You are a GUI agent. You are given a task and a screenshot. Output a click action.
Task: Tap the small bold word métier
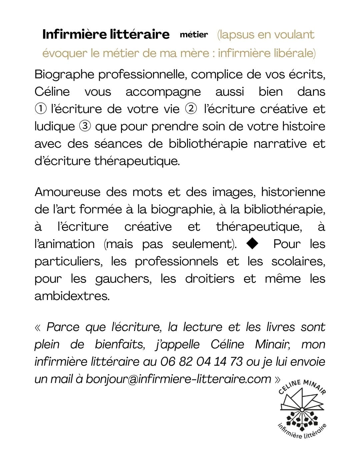click(x=194, y=35)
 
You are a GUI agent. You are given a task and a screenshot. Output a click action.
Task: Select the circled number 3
click(x=84, y=126)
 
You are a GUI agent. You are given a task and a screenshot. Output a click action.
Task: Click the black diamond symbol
click(x=252, y=244)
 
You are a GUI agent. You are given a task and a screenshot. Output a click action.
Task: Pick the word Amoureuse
click(x=67, y=192)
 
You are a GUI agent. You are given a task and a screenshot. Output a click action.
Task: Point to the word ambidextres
click(x=72, y=296)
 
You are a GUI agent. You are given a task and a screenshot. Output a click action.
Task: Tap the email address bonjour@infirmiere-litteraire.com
click(x=178, y=379)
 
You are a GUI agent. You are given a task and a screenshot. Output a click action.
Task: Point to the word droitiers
click(x=210, y=279)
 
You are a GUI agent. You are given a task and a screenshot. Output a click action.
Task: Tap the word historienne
click(x=293, y=192)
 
